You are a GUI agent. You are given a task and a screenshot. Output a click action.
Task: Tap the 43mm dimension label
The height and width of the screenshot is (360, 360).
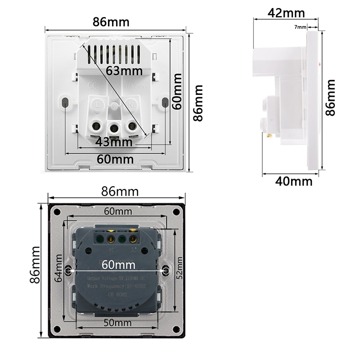[x=114, y=142]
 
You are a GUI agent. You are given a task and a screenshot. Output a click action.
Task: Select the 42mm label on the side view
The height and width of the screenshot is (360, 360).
[x=286, y=13]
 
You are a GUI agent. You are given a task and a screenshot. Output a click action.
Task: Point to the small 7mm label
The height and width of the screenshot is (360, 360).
[x=300, y=27]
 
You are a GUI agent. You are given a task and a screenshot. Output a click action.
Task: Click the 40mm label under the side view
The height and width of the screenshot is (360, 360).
[x=294, y=181]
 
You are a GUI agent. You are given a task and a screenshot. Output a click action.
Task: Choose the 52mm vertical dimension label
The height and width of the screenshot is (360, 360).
[x=180, y=268]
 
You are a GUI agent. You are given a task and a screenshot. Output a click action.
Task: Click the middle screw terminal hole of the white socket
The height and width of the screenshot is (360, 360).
[x=115, y=128]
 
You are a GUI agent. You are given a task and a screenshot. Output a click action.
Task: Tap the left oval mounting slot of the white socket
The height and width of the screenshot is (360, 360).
[x=66, y=102]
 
